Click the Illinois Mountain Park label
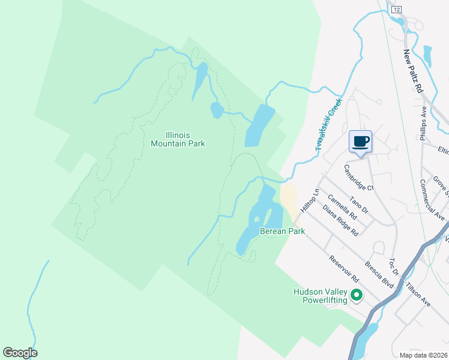coord(178,139)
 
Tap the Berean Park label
coord(282,231)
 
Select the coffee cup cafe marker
coord(360,142)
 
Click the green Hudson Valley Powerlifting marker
coord(356,295)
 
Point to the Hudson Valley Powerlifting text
coord(320,296)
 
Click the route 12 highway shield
coord(396,10)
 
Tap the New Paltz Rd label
coord(413,71)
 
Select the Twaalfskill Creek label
coord(328,124)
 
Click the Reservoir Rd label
coord(343,271)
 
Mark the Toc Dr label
coord(394,267)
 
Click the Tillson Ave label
coord(418,295)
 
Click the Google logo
coord(20,353)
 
